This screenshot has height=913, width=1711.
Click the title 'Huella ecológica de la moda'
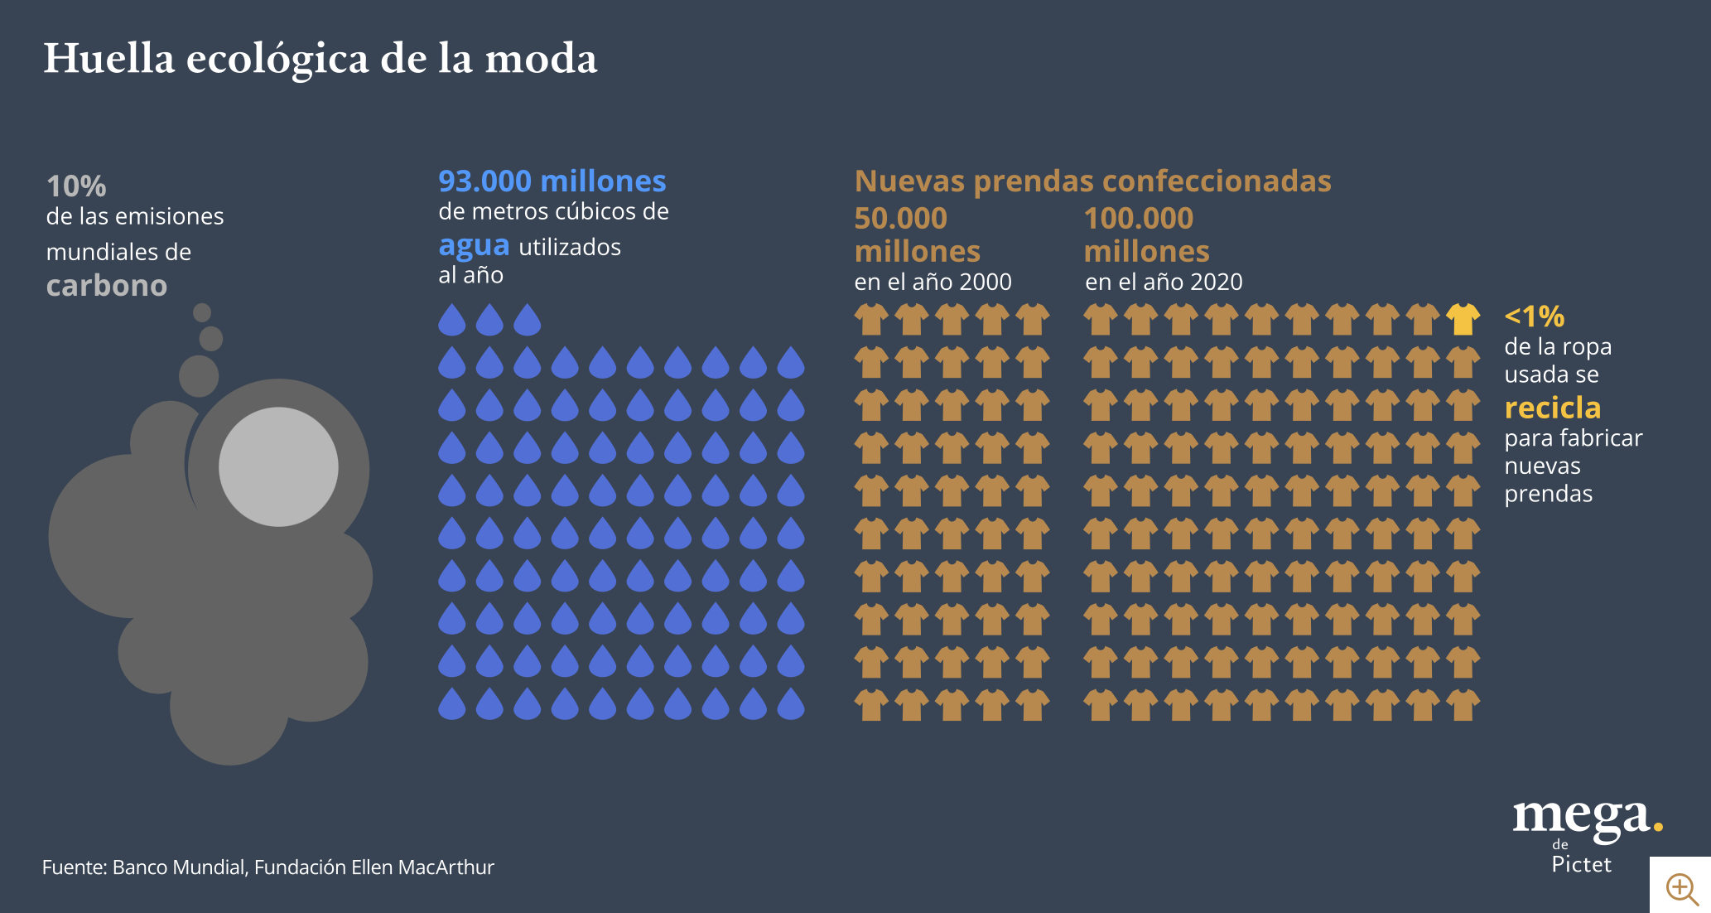pos(320,59)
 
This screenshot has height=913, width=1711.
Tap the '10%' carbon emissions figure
pos(76,186)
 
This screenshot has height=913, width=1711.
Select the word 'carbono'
pos(107,286)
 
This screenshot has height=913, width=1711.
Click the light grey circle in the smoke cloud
pos(278,466)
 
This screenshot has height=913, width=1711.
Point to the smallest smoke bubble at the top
pos(202,312)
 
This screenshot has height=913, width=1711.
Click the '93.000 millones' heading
pos(552,181)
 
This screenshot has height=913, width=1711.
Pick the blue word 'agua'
pos(474,246)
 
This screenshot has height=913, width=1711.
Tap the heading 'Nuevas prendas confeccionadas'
pos(1092,181)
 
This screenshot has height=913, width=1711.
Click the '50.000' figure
pos(900,219)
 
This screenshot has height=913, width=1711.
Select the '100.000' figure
pos(1138,219)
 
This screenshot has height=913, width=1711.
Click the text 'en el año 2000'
pos(933,283)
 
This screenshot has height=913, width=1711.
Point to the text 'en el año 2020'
pos(1164,283)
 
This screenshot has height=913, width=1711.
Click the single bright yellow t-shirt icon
pos(1463,319)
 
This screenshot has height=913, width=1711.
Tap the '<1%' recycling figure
pos(1534,316)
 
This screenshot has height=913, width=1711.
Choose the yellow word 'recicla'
pos(1552,408)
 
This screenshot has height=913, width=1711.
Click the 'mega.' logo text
pos(1586,817)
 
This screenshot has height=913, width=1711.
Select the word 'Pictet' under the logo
pos(1581,865)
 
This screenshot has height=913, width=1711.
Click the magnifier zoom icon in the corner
pos(1681,888)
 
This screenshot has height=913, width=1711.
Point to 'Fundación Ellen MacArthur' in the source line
pos(374,867)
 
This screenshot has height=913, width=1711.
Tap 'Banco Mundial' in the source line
pos(178,867)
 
